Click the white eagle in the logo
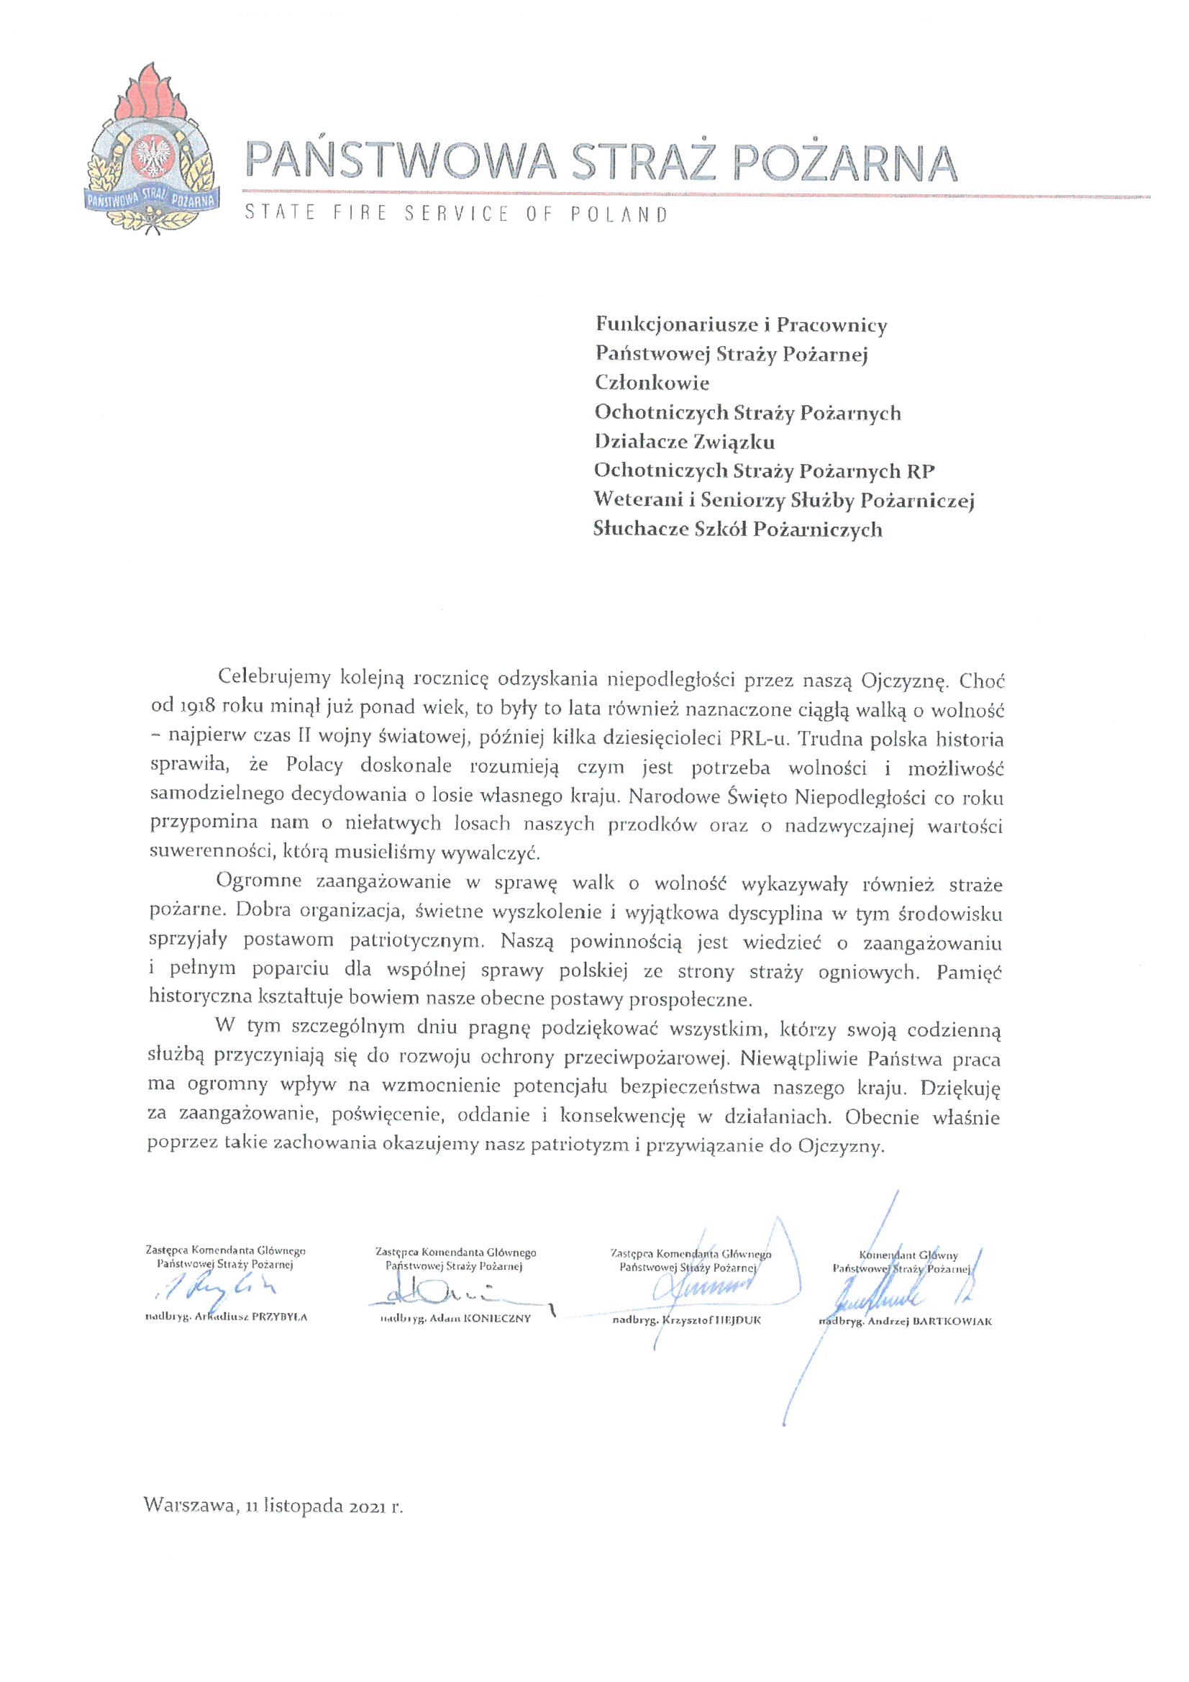pos(155,156)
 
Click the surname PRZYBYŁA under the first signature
pos(279,1317)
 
